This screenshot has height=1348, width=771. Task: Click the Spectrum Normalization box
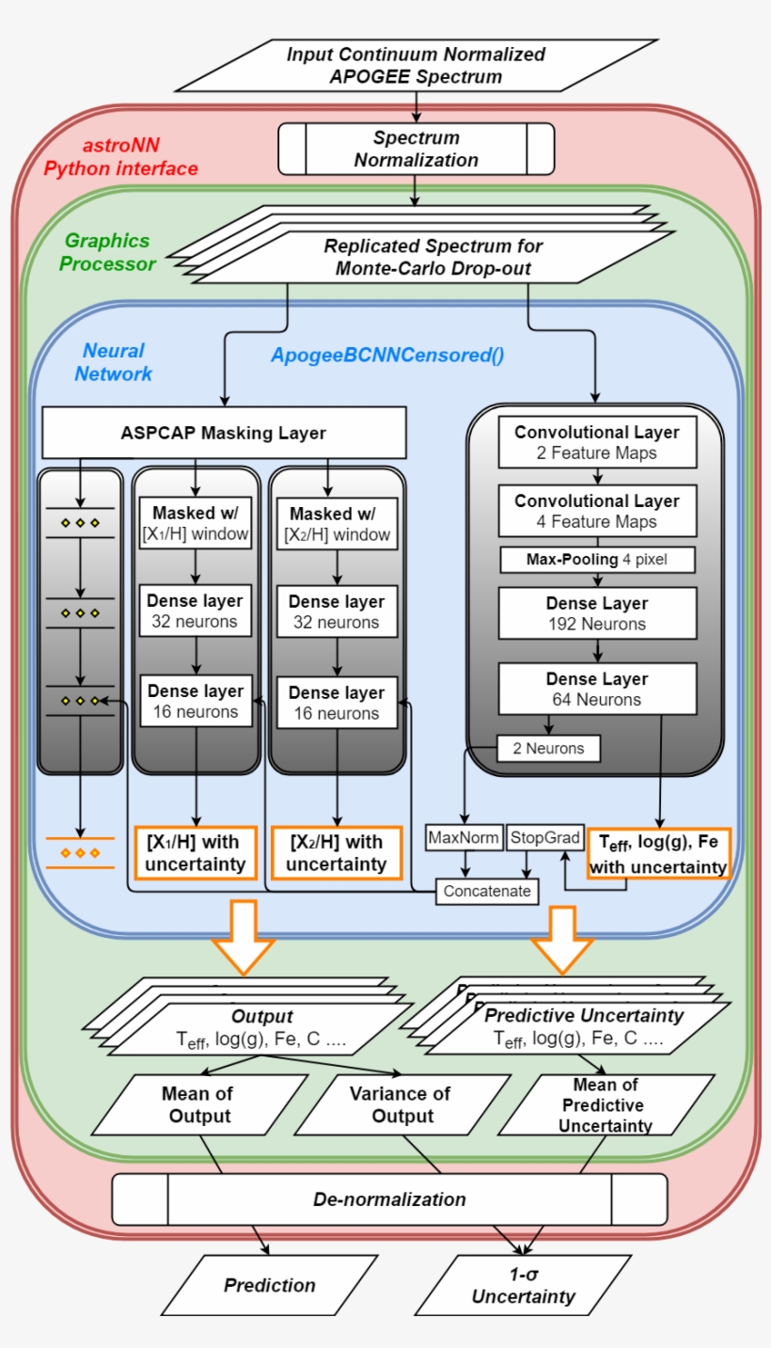coord(416,150)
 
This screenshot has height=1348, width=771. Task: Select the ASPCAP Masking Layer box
coord(224,433)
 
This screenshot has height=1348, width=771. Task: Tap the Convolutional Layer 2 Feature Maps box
coord(596,443)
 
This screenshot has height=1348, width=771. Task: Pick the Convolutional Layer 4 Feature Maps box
coord(596,511)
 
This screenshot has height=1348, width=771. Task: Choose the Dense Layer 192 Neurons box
coord(596,612)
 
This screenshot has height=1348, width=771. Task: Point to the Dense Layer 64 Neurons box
coord(596,689)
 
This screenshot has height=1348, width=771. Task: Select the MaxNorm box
coord(464,837)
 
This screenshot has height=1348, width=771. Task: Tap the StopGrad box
coord(544,837)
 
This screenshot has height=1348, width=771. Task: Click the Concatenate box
coord(487,890)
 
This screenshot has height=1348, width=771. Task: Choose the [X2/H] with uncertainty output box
coord(336,852)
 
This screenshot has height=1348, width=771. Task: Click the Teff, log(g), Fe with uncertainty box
coord(658,854)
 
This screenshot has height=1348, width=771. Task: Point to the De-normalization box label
coord(389,1199)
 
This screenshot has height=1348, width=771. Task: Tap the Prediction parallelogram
coord(270,1285)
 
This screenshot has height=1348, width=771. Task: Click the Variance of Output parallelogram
coord(400,1105)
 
